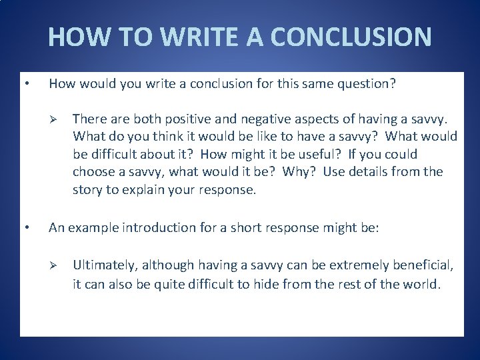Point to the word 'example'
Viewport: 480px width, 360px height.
click(x=92, y=227)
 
